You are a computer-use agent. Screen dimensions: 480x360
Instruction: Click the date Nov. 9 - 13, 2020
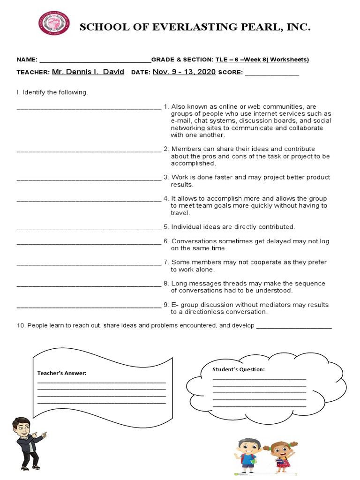tap(184, 72)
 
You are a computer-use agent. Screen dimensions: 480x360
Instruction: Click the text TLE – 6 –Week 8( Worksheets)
tap(262, 60)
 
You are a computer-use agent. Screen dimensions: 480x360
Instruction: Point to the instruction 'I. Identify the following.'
tap(52, 92)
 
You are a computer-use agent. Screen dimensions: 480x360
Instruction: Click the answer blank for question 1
tap(89, 108)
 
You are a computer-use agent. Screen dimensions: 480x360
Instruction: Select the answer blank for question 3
tap(89, 179)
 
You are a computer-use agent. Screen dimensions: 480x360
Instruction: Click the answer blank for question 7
tap(89, 264)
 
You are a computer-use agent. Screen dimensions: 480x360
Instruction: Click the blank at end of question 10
tap(294, 327)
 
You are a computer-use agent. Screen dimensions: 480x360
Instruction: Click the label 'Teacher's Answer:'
tap(62, 373)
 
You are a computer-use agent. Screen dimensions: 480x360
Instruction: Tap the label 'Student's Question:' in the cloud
tap(239, 369)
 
